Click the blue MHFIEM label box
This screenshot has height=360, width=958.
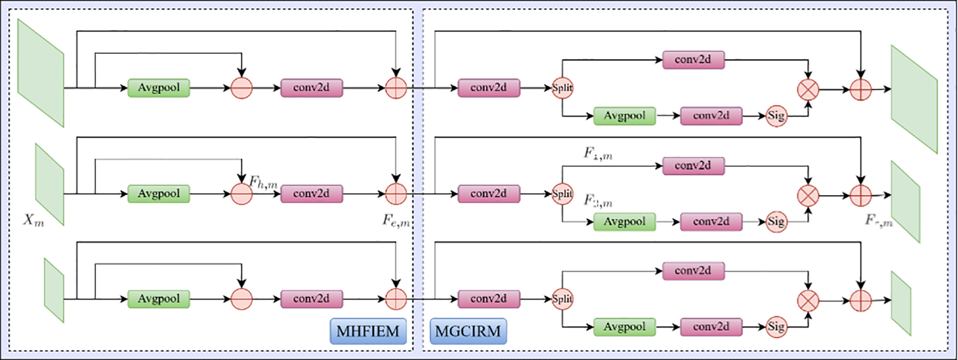pos(368,331)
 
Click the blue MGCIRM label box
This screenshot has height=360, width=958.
pos(468,331)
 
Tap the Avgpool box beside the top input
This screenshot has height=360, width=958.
pos(158,88)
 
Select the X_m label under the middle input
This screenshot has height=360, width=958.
pos(34,219)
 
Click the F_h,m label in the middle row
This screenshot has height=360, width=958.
pos(263,182)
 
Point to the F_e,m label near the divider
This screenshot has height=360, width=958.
pos(396,220)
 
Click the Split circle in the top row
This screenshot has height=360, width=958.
pos(562,88)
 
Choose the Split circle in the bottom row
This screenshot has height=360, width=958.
pos(562,298)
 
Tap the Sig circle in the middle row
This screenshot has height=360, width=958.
pos(776,221)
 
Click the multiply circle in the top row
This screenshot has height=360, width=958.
pos(808,90)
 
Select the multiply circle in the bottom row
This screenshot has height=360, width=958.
pos(808,301)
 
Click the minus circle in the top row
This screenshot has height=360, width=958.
pos(242,88)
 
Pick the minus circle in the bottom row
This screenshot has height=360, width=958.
pos(242,298)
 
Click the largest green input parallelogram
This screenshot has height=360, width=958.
pos(41,73)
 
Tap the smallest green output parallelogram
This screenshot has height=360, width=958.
pos(901,303)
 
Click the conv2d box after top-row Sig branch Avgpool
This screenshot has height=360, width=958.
pos(711,116)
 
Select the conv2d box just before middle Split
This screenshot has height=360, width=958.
pos(489,194)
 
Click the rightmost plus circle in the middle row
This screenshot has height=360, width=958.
pos(861,196)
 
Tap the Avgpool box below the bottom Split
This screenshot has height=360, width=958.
pos(624,326)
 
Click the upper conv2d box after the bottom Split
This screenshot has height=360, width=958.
pos(693,271)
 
